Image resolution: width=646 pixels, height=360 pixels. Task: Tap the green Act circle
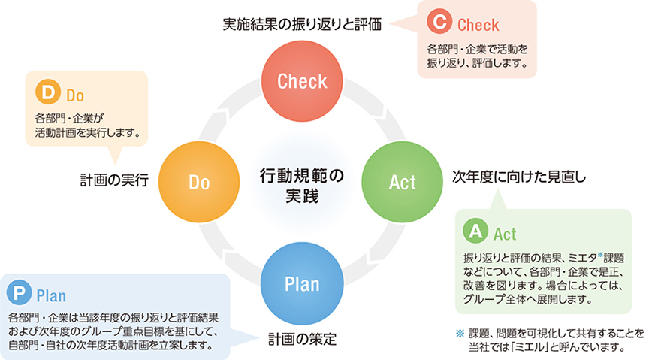[x=403, y=181]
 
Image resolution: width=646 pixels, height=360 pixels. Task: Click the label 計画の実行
[x=115, y=180]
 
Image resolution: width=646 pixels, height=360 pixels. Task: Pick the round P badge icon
[x=18, y=293]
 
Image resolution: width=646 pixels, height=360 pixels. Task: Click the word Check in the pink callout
[x=478, y=25]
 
